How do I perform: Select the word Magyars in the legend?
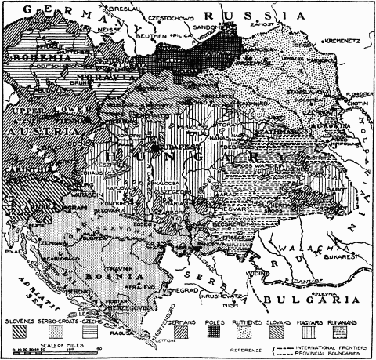point(316,322)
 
